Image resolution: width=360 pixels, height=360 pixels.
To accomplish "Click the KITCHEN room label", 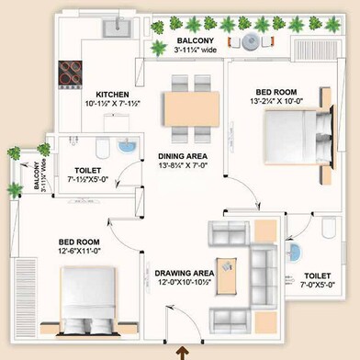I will (118, 94).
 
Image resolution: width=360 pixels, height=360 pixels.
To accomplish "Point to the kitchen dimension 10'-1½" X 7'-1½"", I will (119, 105).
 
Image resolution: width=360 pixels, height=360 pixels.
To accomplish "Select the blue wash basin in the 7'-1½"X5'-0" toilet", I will (129, 148).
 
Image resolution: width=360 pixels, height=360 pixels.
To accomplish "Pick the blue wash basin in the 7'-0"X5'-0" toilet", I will (296, 252).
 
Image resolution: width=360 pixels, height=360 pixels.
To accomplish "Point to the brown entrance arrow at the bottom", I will (180, 350).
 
